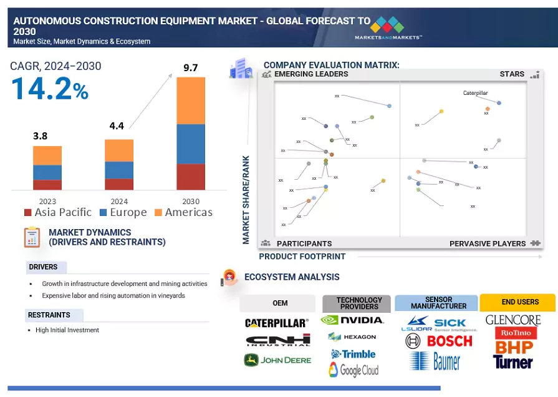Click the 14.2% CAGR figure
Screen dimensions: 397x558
point(50,89)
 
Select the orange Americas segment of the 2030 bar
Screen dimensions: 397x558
point(191,100)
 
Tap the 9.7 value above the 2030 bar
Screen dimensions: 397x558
point(191,67)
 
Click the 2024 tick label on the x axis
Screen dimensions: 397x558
point(119,202)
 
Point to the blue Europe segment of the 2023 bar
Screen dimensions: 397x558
point(47,172)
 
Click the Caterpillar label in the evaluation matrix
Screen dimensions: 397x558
point(475,93)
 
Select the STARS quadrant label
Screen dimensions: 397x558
point(512,74)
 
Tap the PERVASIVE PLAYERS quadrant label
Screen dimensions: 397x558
point(488,243)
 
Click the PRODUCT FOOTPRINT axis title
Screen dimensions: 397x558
point(302,257)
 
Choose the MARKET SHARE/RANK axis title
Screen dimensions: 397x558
point(246,200)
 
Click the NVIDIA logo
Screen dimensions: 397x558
point(352,320)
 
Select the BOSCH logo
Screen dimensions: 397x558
point(448,341)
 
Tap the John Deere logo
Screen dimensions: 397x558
point(277,360)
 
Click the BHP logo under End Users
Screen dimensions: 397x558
point(514,346)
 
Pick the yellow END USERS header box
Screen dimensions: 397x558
point(517,302)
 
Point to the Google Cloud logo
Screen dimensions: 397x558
point(354,370)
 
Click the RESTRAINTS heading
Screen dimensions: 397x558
point(49,315)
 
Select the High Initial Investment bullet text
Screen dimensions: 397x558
point(67,330)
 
